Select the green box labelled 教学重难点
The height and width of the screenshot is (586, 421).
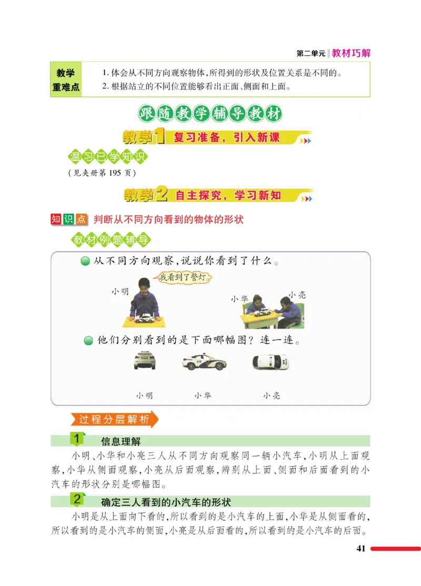66,79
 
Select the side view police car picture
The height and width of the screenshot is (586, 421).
204,362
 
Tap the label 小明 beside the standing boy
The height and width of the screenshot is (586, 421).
119,291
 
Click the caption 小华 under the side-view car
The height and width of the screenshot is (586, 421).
203,395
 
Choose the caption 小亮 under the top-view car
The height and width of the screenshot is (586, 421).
272,395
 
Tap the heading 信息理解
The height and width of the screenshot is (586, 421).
121,441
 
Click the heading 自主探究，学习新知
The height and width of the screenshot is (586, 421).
228,196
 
